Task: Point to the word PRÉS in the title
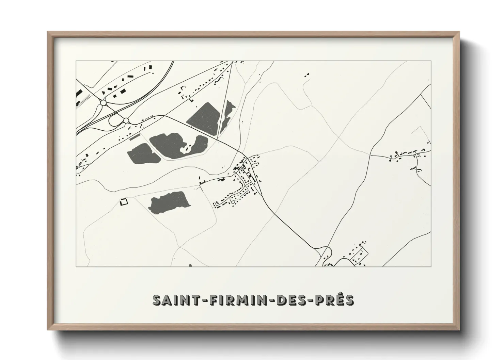tap(336, 300)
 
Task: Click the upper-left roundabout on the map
tap(104, 102)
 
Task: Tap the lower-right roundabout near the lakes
tap(126, 120)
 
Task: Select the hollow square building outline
tap(124, 202)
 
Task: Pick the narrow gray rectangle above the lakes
tap(135, 137)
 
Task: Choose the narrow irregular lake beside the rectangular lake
tap(227, 116)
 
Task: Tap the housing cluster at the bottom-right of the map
tap(356, 255)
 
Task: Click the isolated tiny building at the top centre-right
tap(307, 75)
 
